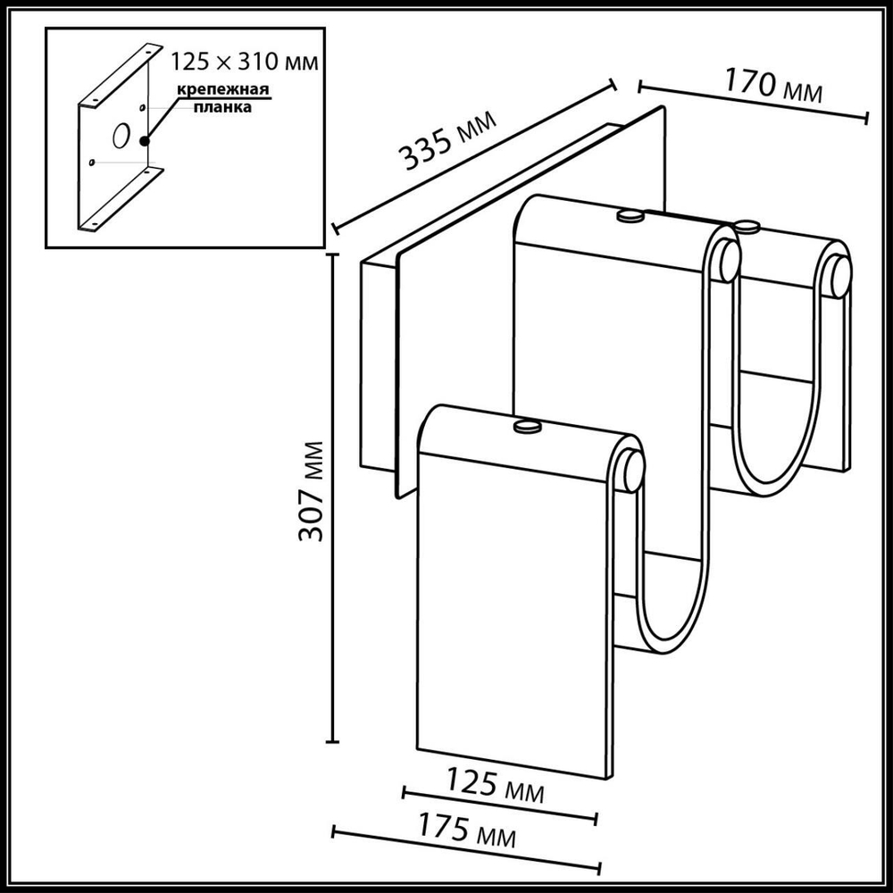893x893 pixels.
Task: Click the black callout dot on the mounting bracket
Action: click(x=144, y=139)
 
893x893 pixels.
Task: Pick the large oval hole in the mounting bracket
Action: click(x=118, y=137)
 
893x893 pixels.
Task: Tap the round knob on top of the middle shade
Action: click(x=631, y=214)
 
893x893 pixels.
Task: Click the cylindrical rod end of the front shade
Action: click(x=632, y=470)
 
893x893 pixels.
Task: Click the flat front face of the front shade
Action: click(x=513, y=607)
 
